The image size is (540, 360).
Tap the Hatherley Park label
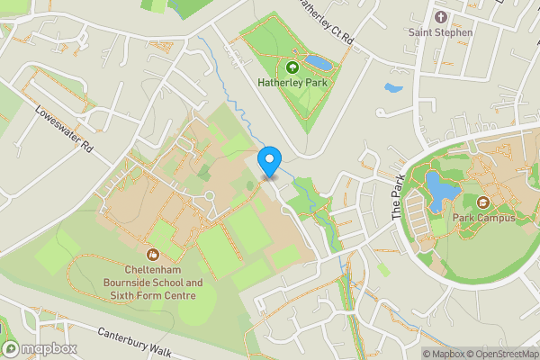click(x=292, y=84)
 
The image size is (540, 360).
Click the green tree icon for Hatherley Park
click(x=292, y=67)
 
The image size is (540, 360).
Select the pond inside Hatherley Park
click(x=317, y=63)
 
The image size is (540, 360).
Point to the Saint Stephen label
click(x=440, y=33)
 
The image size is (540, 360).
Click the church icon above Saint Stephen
click(x=440, y=17)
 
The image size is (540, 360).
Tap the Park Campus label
click(x=483, y=218)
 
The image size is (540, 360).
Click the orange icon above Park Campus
click(x=482, y=202)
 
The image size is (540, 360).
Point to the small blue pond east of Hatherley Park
click(x=392, y=89)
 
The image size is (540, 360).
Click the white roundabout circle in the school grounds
click(x=209, y=195)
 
